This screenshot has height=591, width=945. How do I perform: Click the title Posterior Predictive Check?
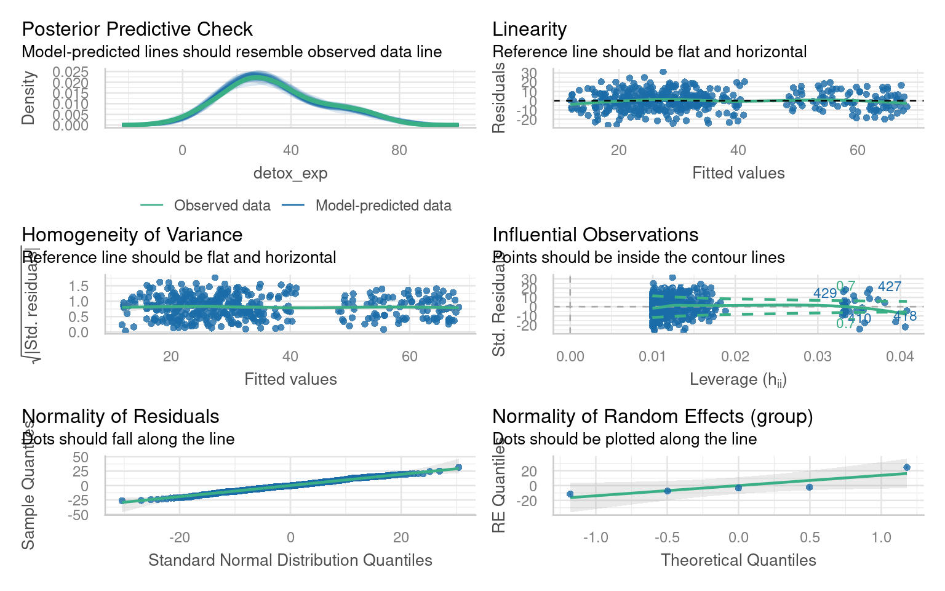[x=137, y=29]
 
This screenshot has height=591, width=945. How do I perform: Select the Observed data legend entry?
[x=222, y=206]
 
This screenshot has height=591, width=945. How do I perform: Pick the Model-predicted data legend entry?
[x=383, y=206]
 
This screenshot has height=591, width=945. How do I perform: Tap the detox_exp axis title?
[x=290, y=173]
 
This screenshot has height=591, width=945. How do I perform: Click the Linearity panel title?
[x=529, y=29]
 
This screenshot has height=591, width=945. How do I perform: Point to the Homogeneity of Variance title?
[x=132, y=235]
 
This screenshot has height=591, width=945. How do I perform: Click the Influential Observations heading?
[x=595, y=235]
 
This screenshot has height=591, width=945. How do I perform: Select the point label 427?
[x=890, y=286]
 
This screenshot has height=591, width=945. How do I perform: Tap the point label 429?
[x=825, y=293]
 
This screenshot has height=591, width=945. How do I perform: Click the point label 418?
[x=905, y=316]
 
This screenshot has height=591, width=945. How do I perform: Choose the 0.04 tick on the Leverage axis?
[x=900, y=356]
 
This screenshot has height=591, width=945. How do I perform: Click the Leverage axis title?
[x=738, y=379]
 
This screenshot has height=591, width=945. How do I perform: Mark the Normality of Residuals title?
[x=120, y=416]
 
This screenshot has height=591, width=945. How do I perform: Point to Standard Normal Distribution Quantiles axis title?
[x=290, y=560]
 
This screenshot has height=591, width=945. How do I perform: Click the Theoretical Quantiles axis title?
[x=738, y=560]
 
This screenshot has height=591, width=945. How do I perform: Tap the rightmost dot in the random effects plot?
[x=906, y=468]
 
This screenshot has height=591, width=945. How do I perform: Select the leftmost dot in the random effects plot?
[x=570, y=494]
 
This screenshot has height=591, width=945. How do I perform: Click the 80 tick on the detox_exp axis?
[x=399, y=150]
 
